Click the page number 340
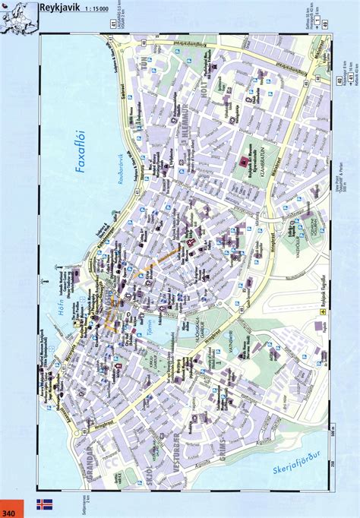click(x=11, y=504)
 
